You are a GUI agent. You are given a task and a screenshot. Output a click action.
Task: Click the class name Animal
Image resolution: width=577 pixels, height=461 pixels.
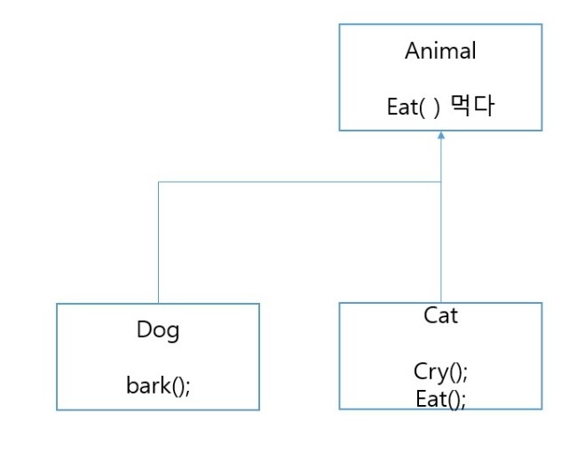(x=440, y=51)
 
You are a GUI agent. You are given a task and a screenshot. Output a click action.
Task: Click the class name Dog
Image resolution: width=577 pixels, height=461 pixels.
(x=157, y=330)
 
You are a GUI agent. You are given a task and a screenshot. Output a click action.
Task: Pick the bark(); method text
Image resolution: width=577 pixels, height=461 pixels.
(x=157, y=385)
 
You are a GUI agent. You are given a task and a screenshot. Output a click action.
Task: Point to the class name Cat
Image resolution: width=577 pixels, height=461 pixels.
(x=440, y=315)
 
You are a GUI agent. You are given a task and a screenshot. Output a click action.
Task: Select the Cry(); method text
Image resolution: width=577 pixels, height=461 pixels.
(x=440, y=371)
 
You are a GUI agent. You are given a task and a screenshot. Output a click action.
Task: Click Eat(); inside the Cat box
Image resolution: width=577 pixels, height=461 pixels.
(x=440, y=399)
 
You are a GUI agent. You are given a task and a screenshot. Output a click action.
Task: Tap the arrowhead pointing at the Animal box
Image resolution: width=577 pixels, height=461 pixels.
(x=441, y=136)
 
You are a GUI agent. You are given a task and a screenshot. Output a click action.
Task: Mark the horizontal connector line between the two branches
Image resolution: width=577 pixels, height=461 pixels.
(x=299, y=182)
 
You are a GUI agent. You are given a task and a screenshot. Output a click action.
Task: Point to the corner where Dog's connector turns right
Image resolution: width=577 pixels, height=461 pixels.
(x=158, y=182)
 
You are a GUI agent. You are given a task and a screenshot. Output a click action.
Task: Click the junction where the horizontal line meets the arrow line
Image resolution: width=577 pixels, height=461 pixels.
(x=441, y=182)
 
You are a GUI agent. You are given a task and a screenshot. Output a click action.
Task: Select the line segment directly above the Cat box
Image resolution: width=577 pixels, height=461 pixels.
(x=441, y=244)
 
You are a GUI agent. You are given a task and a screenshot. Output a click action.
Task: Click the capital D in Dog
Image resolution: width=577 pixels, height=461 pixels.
(x=143, y=330)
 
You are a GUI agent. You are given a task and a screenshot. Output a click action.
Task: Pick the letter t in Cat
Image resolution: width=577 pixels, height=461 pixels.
(x=454, y=315)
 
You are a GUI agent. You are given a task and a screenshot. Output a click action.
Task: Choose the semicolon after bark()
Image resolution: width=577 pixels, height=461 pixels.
(x=187, y=386)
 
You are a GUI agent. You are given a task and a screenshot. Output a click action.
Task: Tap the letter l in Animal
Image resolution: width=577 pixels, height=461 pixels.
(x=473, y=51)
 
